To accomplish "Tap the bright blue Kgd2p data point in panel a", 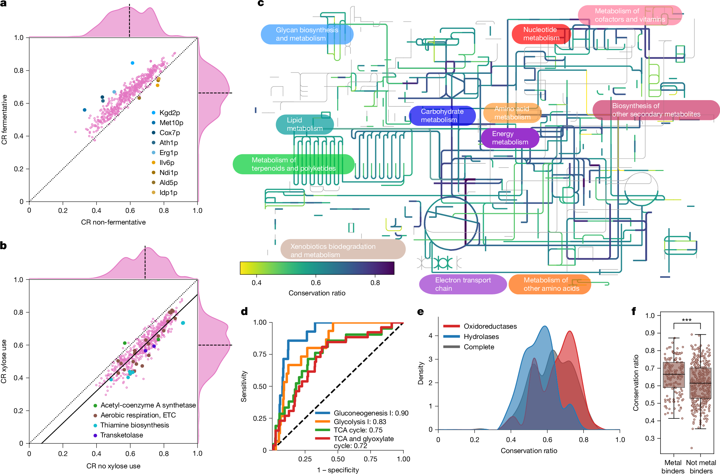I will pyautogui.click(x=132, y=63).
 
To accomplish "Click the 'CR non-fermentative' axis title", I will pyautogui.click(x=113, y=222).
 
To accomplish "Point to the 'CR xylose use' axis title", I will pyautogui.click(x=4, y=361).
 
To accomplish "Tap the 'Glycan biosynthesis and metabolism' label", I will pyautogui.click(x=307, y=34).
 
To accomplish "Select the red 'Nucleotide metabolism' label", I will pyautogui.click(x=541, y=34).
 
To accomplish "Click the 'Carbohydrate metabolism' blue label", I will pyautogui.click(x=442, y=116).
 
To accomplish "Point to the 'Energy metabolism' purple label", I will pyautogui.click(x=509, y=138).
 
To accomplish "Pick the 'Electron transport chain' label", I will pyautogui.click(x=463, y=284).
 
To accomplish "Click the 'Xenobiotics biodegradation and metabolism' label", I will pyautogui.click(x=343, y=250).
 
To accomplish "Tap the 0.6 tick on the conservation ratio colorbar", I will pyautogui.click(x=316, y=283).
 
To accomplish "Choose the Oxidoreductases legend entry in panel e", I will pyautogui.click(x=490, y=326).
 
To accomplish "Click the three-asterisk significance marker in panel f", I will pyautogui.click(x=687, y=320).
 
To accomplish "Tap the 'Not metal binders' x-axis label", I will pyautogui.click(x=701, y=467).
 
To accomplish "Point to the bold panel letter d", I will pyautogui.click(x=244, y=312).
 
